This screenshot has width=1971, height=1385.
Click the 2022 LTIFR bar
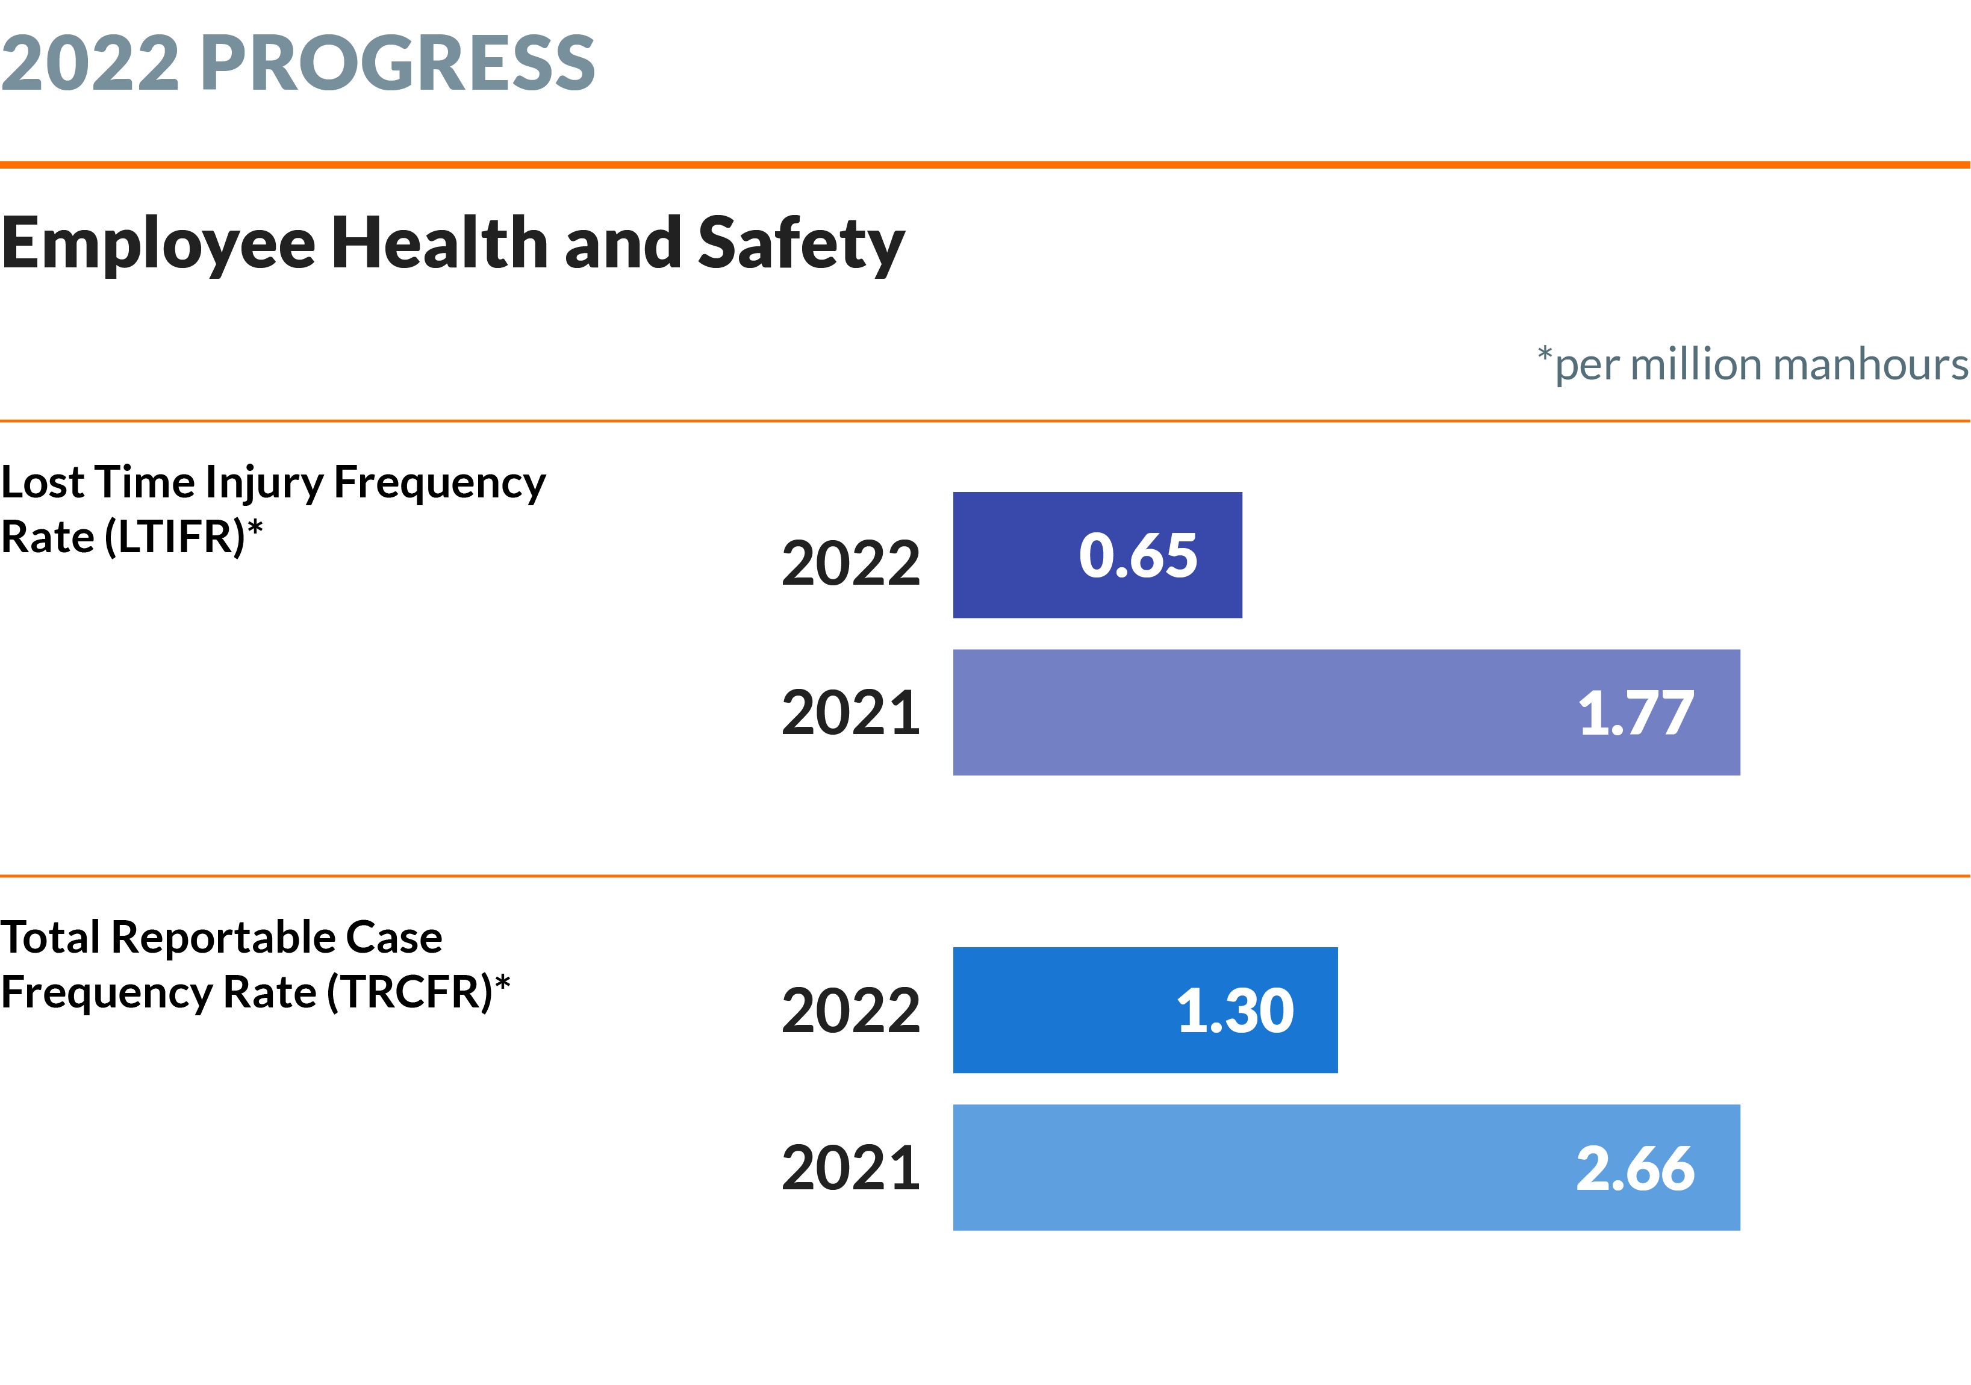coord(1097,555)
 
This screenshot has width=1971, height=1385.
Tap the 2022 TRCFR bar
coord(1145,1010)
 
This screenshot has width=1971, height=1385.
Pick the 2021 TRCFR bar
coord(1346,1168)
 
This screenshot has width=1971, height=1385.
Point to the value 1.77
coord(1636,713)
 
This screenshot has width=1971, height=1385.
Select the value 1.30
coord(1235,1010)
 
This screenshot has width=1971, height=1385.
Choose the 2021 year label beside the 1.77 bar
coord(851,713)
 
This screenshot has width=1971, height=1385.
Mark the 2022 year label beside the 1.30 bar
coord(851,1010)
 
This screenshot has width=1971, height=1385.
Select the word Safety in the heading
coord(801,244)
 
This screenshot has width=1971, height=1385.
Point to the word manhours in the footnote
coord(1872,364)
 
